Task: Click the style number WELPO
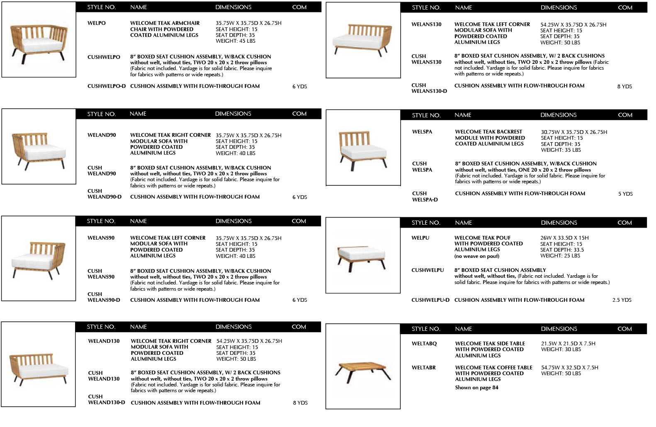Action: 97,23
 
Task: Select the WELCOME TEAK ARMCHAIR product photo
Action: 39,41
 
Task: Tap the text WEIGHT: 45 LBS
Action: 236,41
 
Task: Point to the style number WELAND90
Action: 102,135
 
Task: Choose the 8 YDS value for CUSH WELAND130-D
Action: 300,403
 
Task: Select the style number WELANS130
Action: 426,24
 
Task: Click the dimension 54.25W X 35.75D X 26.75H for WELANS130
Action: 573,25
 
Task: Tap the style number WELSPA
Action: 422,132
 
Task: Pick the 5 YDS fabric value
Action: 625,194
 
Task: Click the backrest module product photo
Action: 363,148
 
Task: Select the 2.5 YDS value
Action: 622,300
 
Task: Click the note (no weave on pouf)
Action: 477,256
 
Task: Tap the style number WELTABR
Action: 424,368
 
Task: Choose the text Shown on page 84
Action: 476,388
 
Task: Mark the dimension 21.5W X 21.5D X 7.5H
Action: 568,344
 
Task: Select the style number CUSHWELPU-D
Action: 430,300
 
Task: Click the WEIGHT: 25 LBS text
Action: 560,256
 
